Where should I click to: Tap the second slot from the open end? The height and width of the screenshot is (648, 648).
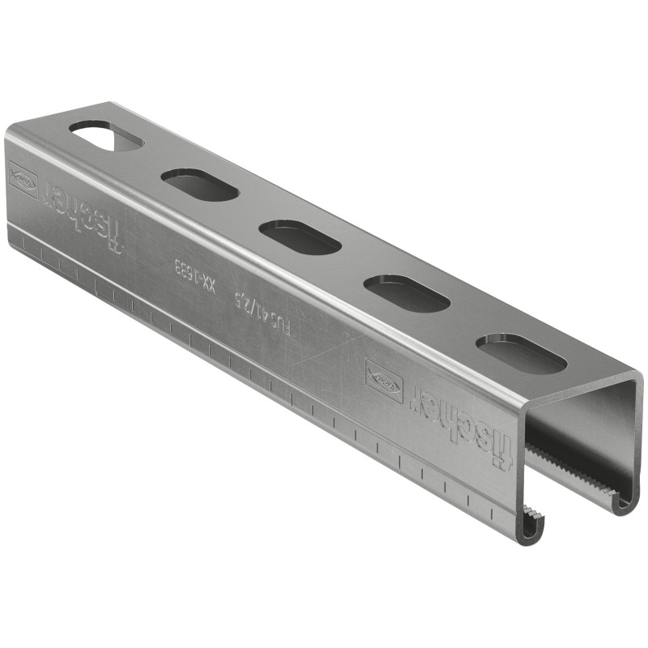point(407,293)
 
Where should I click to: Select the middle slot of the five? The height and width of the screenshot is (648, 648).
point(300,237)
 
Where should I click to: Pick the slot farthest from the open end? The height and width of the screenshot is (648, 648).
point(105,135)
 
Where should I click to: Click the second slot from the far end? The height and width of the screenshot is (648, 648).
point(199,185)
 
